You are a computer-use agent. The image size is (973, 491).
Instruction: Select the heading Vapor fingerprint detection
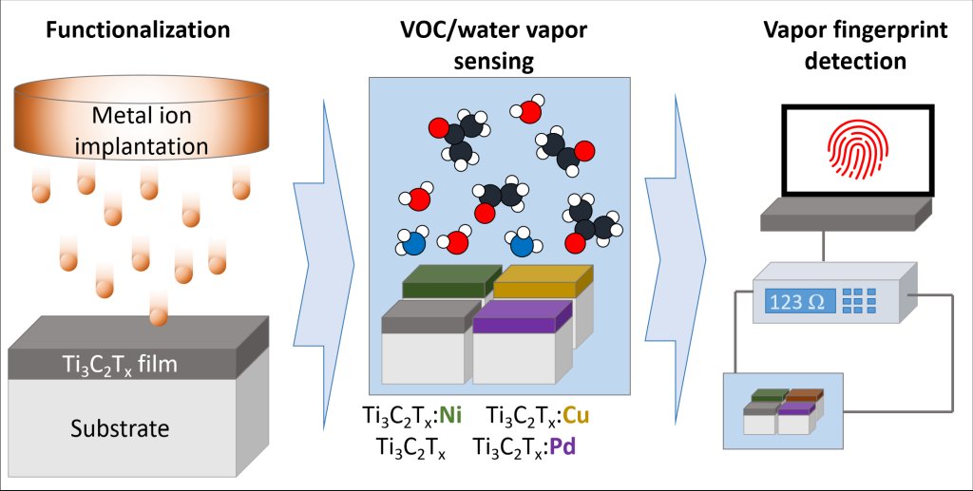pyautogui.click(x=854, y=44)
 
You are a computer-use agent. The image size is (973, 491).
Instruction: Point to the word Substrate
pyautogui.click(x=120, y=428)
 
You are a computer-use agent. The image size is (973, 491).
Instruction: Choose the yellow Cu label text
pyautogui.click(x=577, y=416)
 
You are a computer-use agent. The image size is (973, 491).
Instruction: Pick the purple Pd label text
pyautogui.click(x=563, y=444)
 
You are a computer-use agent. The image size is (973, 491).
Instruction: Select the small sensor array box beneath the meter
pyautogui.click(x=782, y=412)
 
